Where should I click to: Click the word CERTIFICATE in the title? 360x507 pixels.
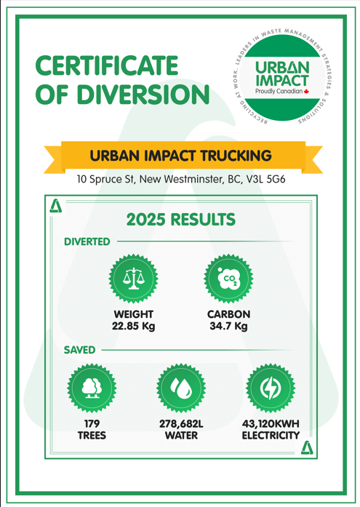[108, 67]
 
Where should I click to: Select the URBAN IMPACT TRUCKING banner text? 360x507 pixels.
[180, 155]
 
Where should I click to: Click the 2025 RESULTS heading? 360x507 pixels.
[180, 218]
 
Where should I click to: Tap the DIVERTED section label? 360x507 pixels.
[87, 241]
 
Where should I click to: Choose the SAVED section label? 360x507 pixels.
[79, 350]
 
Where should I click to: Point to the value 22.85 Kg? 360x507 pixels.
[133, 327]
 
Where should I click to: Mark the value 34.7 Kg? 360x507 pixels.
[228, 327]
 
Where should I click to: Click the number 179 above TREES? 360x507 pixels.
[92, 423]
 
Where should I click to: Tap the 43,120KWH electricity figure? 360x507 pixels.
[271, 423]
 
